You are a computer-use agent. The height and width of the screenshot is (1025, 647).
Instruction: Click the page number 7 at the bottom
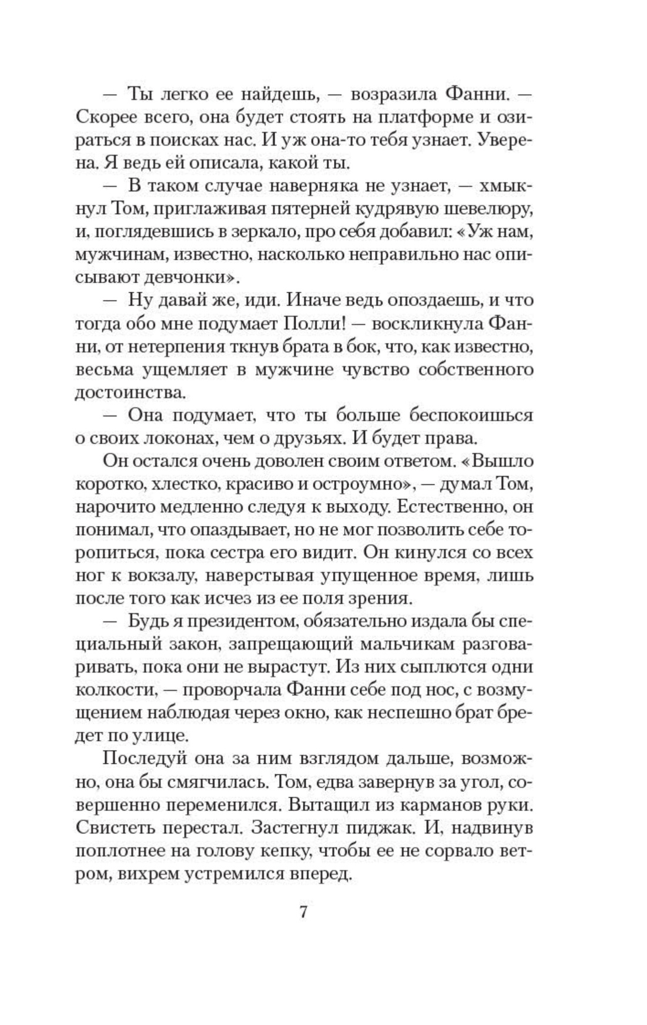pos(304,913)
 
